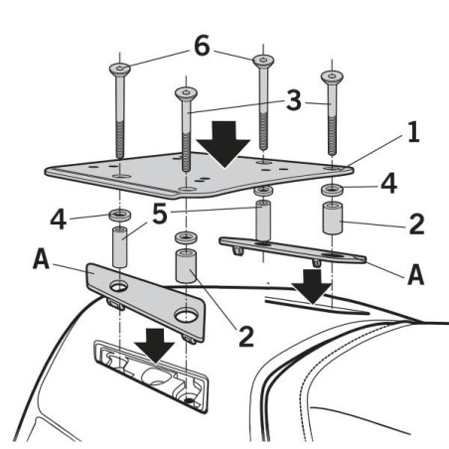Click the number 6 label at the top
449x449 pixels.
pos(202,46)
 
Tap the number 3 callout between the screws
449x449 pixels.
pos(293,100)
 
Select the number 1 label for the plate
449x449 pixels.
pos(412,132)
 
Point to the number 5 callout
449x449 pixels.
pos(160,215)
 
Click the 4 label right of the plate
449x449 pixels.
pos(388,184)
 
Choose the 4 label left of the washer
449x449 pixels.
pos(59,219)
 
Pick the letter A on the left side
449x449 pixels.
pos(41,258)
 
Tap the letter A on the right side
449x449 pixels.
pos(415,274)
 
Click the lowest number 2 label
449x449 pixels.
pos(246,336)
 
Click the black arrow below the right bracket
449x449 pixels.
pos(311,287)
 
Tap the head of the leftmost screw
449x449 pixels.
pos(119,70)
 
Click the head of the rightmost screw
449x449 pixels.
pos(332,77)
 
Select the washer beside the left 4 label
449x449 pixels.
pos(120,215)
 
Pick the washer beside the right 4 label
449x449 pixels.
pos(332,190)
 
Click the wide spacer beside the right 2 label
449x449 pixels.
pos(333,219)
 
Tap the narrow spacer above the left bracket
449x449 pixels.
pos(120,246)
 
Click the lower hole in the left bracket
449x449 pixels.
pos(186,316)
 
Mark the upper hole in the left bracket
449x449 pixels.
pos(118,286)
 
